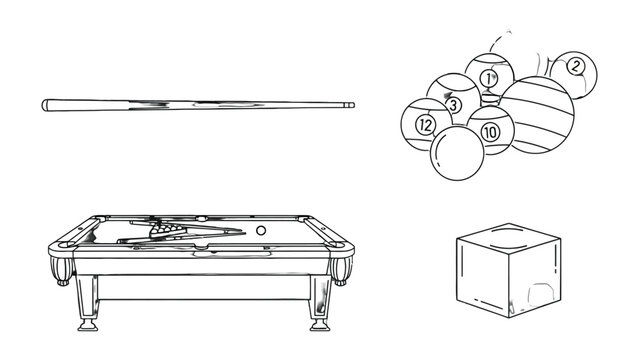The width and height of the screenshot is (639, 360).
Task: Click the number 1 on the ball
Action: [489, 78]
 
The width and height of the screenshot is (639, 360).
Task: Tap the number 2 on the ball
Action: [575, 66]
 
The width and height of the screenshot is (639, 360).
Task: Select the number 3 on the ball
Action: [454, 106]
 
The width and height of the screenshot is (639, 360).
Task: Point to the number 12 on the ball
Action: [425, 125]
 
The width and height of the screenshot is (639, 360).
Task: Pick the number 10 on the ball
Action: [490, 132]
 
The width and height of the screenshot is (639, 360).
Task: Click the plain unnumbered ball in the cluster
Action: [457, 153]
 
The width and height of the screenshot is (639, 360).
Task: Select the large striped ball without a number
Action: [536, 115]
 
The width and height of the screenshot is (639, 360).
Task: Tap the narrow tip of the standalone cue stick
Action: [353, 105]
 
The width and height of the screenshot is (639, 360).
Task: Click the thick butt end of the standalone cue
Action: [45, 105]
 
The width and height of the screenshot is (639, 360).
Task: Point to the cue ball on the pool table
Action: [261, 230]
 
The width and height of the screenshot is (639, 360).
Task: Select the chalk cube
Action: [509, 270]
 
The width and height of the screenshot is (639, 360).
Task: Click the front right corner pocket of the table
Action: [337, 245]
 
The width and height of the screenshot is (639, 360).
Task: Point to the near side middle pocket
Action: [202, 247]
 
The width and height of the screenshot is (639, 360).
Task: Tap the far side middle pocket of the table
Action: [201, 219]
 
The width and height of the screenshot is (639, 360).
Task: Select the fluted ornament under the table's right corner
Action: [341, 271]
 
